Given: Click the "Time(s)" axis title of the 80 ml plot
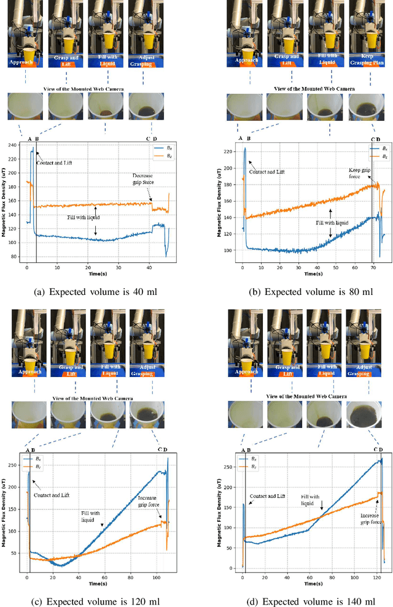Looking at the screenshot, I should (x=311, y=268).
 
